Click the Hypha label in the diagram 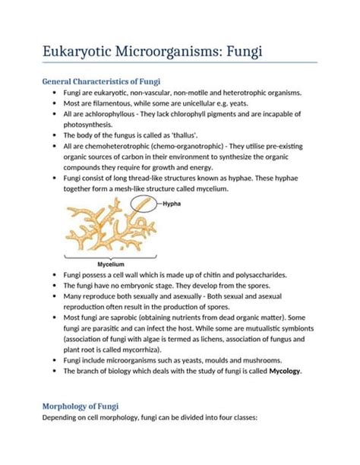coord(172,204)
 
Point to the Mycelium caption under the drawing coord(90,264)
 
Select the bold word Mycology coord(280,371)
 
